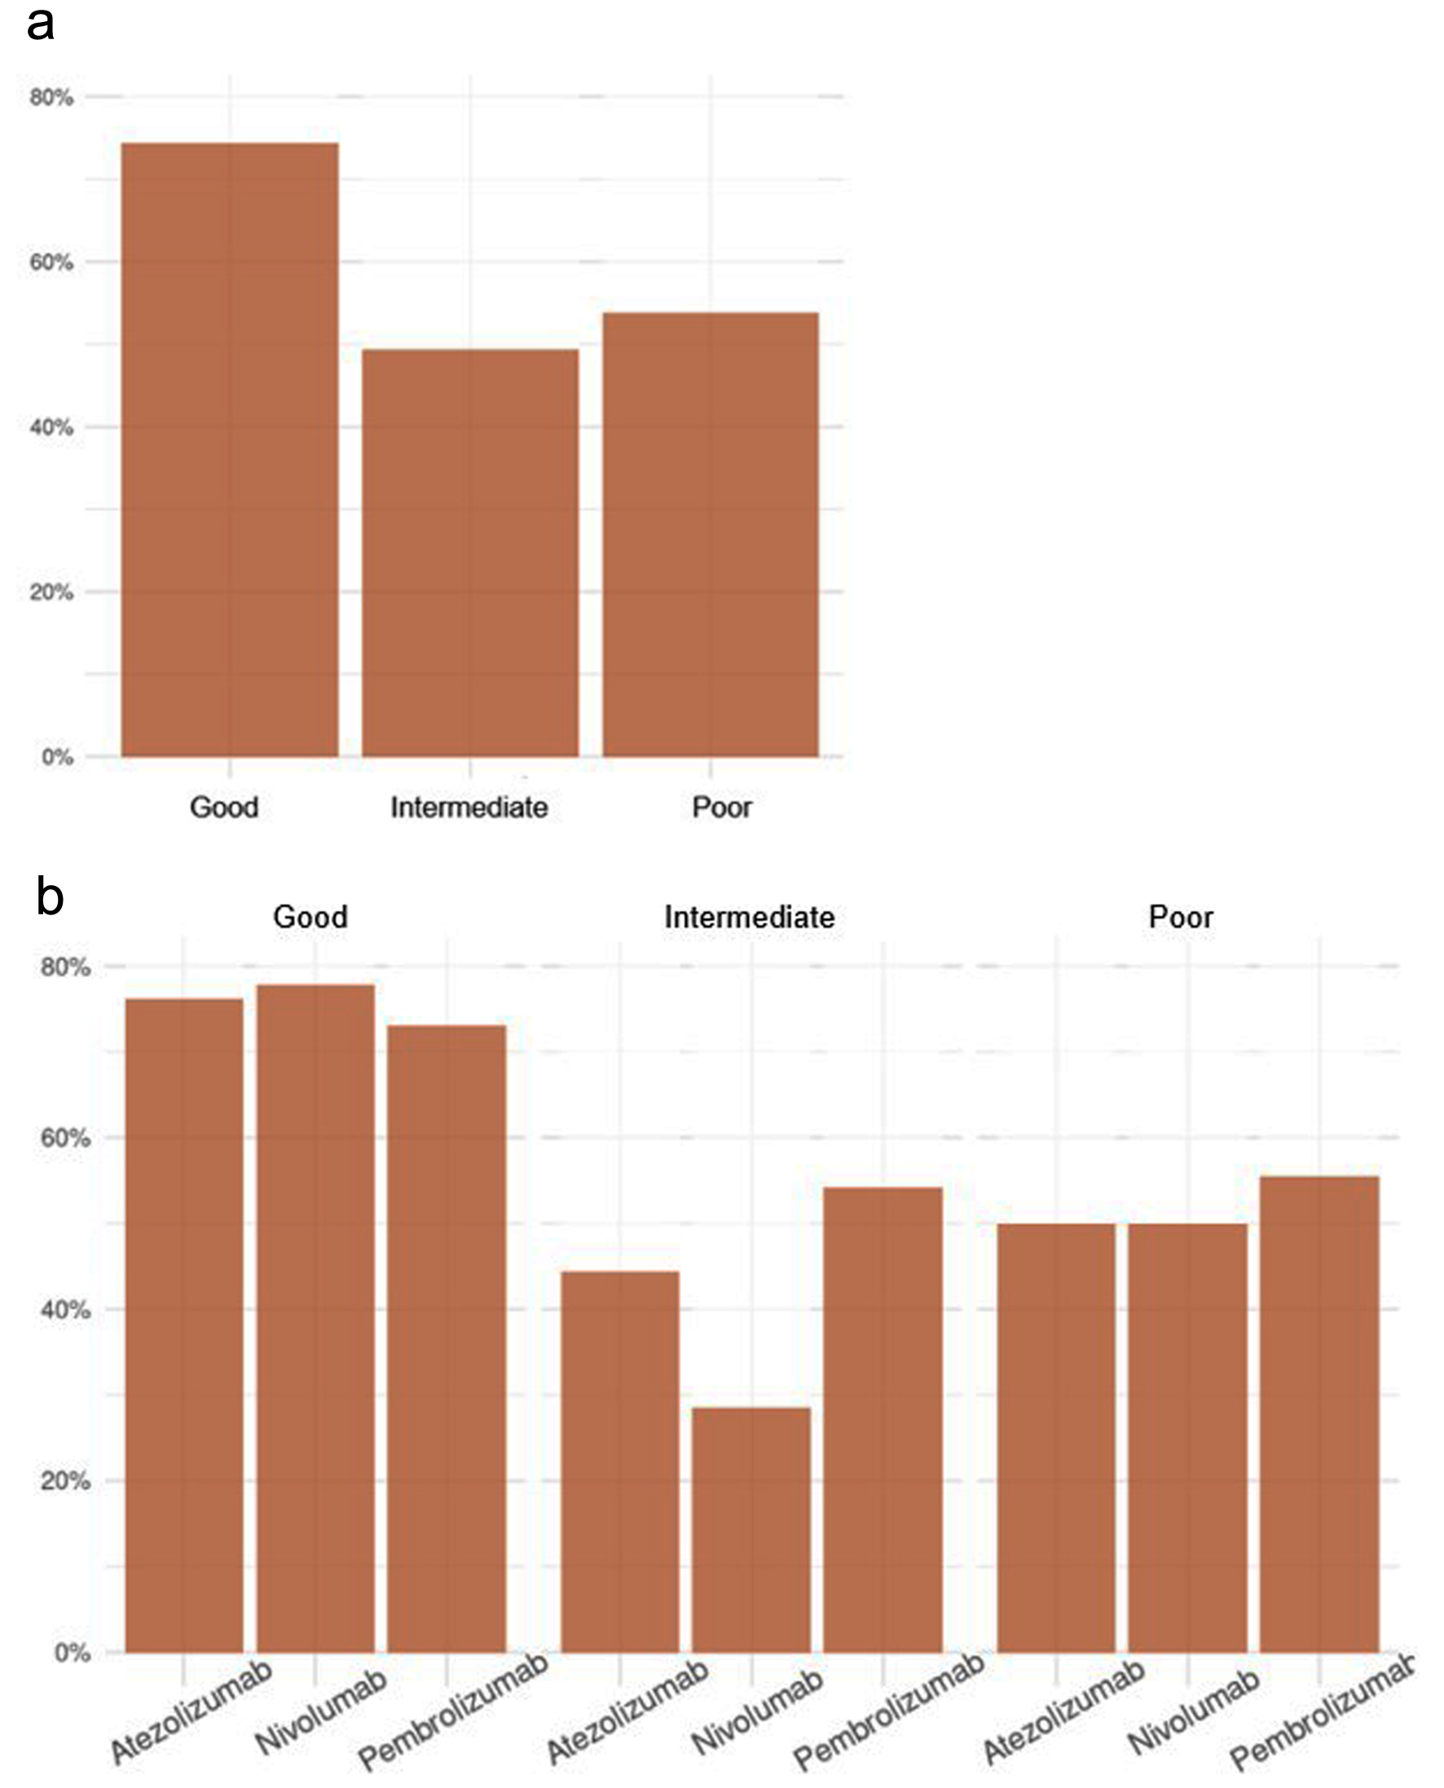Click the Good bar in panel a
[x=230, y=449]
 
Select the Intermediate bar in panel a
[x=470, y=553]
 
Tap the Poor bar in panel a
[x=711, y=534]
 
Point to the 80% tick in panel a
[x=51, y=97]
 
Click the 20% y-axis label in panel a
[x=51, y=592]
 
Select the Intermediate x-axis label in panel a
[x=469, y=807]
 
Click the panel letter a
[x=40, y=24]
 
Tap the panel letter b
[x=50, y=897]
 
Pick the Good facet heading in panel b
[x=310, y=918]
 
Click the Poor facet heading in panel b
[x=1180, y=918]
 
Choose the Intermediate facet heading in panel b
[x=749, y=918]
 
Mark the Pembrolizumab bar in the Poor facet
[x=1319, y=1414]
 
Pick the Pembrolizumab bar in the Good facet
[x=447, y=1339]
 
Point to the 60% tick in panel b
[x=65, y=1138]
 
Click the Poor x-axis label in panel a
[x=721, y=807]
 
